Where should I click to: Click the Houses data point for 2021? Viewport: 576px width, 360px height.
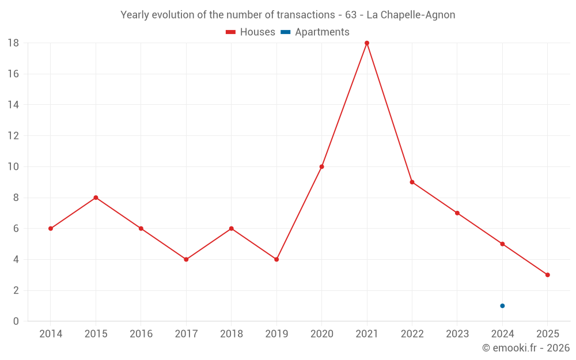[x=367, y=43]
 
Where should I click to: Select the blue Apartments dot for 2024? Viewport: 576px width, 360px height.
[x=502, y=306]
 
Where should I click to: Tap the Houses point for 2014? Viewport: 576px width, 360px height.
[x=51, y=229]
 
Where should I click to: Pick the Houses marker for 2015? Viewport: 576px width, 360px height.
[x=96, y=198]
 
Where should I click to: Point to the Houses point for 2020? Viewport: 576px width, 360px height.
[x=321, y=167]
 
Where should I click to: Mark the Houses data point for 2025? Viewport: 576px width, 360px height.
[x=547, y=275]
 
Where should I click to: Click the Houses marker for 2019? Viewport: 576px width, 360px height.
[x=276, y=259]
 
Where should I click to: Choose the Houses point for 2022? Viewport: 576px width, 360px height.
[x=412, y=182]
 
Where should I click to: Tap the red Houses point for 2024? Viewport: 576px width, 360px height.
[x=502, y=244]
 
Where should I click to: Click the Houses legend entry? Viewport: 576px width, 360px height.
[x=251, y=32]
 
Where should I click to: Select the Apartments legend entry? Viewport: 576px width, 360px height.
[x=315, y=32]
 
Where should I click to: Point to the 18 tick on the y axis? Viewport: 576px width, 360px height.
[x=13, y=43]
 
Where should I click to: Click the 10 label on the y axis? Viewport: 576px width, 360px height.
[x=13, y=167]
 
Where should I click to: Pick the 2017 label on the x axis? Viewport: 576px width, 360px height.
[x=186, y=334]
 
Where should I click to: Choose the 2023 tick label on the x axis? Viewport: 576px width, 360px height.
[x=457, y=334]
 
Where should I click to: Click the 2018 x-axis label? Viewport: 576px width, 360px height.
[x=231, y=334]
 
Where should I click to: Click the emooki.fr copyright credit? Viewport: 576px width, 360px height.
[x=526, y=348]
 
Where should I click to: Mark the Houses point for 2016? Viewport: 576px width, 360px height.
[x=141, y=229]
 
